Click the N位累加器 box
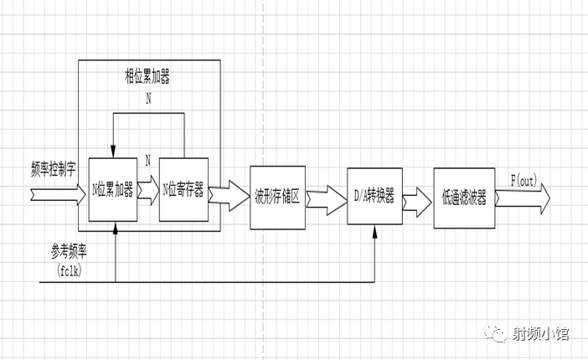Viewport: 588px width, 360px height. (x=112, y=189)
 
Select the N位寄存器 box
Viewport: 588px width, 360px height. (x=183, y=189)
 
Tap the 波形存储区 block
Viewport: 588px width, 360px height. (x=277, y=198)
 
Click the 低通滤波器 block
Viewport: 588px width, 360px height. (x=463, y=198)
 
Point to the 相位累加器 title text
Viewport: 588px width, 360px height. (x=148, y=78)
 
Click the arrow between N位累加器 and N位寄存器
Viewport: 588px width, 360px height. (x=147, y=190)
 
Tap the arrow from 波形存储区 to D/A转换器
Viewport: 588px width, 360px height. (x=326, y=199)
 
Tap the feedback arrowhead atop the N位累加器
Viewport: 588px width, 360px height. (x=112, y=152)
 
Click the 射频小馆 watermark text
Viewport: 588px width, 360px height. (x=541, y=334)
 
